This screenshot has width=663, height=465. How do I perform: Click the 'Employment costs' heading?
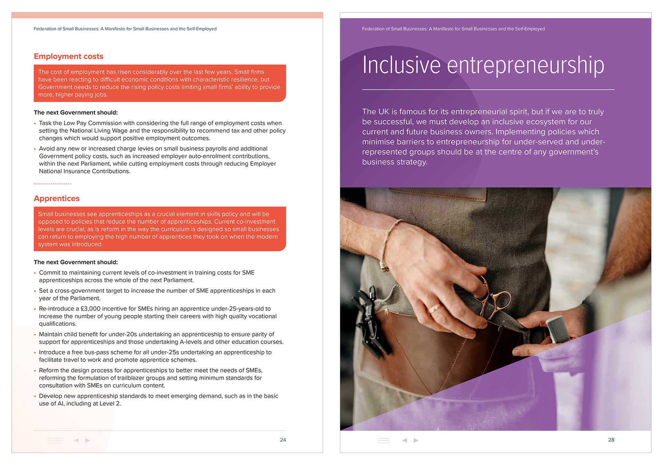[x=68, y=56]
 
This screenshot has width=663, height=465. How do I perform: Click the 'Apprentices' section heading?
[x=57, y=198]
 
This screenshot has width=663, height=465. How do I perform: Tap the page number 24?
[x=283, y=440]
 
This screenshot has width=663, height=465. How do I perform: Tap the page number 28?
[x=611, y=440]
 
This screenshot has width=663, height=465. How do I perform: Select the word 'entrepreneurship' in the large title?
[x=526, y=66]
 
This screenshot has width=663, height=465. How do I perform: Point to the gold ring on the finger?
[x=434, y=308]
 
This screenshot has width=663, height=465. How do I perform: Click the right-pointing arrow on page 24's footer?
[x=88, y=440]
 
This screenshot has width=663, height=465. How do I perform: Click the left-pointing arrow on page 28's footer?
[x=405, y=440]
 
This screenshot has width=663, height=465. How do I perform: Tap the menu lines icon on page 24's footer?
[x=55, y=440]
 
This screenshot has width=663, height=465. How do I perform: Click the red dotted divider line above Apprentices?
[x=52, y=184]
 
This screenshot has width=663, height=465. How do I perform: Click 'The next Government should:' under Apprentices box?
[x=76, y=262]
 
